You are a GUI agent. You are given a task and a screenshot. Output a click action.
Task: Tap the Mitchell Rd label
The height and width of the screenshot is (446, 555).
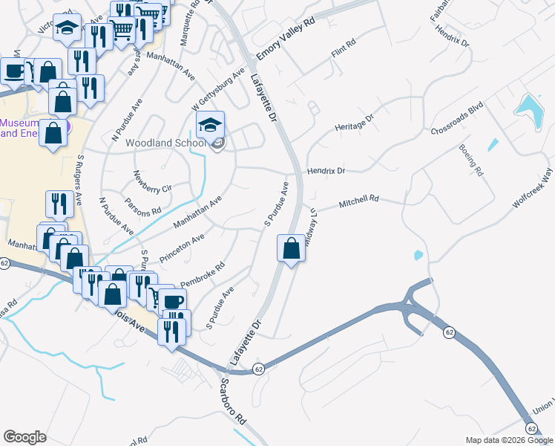(x=359, y=201)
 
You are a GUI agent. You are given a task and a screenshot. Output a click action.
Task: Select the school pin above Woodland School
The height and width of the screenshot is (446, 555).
(x=211, y=126)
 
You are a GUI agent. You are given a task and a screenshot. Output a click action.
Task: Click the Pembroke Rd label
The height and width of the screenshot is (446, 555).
(x=203, y=275)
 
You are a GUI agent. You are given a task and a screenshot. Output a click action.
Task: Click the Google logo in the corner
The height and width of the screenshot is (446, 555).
(x=24, y=437)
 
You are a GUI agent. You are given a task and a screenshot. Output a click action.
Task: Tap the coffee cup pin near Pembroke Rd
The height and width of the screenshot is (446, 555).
(x=172, y=302)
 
